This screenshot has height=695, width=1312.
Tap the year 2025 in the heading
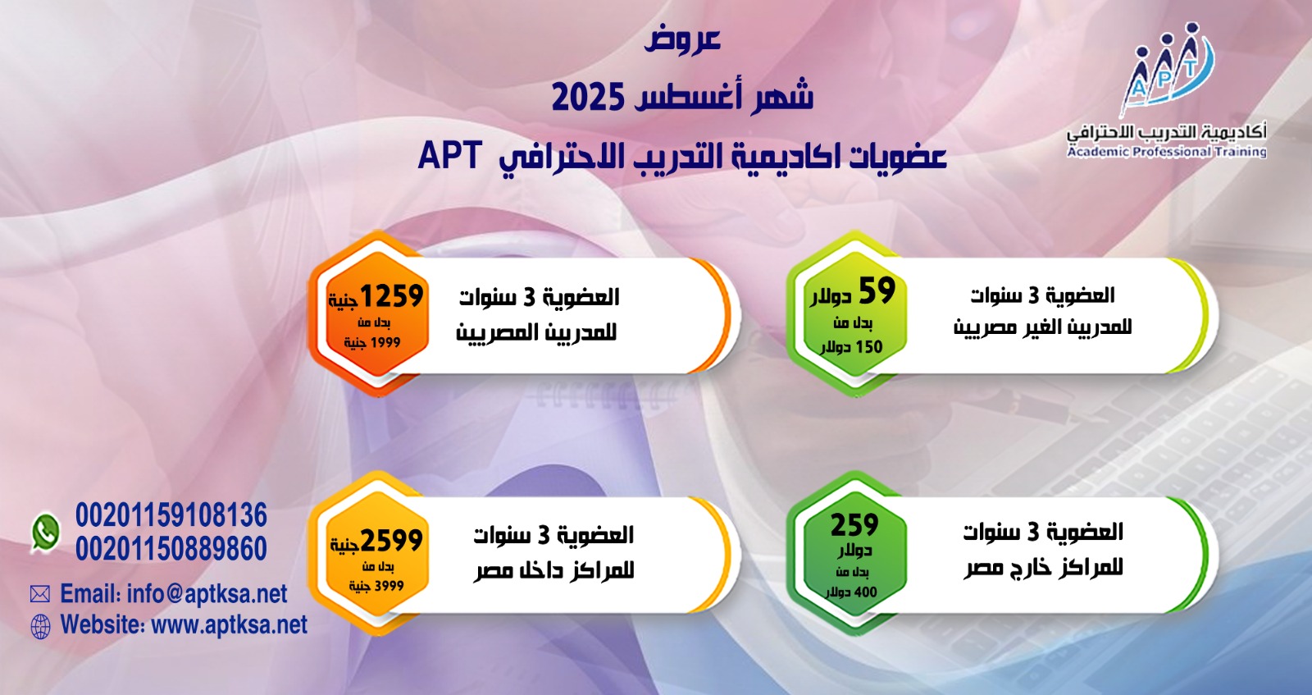587,98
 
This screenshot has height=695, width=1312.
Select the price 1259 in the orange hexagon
391,296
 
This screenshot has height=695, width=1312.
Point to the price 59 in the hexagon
877,290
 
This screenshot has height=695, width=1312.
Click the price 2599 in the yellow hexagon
391,540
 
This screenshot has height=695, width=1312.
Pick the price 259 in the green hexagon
854,524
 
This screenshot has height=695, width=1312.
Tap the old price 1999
385,343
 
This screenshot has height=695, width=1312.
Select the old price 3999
389,586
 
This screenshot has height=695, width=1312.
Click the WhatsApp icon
46,533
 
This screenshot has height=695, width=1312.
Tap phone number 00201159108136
171,515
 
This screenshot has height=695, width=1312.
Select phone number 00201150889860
171,549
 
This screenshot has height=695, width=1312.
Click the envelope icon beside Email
40,594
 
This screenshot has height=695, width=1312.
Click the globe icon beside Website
40,626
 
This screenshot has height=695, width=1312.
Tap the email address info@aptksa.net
207,593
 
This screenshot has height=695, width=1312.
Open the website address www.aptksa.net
230,624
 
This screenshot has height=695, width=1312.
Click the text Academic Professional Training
1167,152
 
